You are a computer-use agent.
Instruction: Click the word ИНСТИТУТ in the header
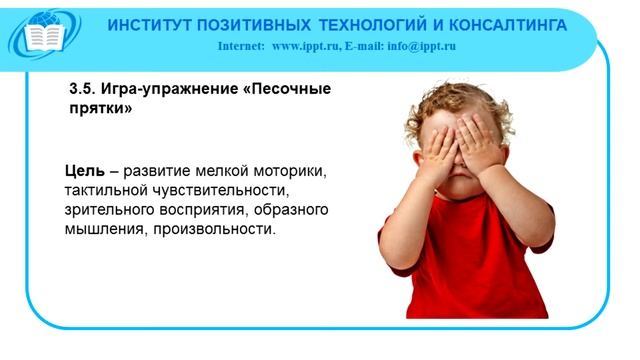[149, 24]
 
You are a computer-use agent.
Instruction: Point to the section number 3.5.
[82, 89]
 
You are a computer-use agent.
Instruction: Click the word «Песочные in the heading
[283, 89]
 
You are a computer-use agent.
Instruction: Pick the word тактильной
[104, 190]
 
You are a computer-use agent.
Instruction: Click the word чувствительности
[220, 190]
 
